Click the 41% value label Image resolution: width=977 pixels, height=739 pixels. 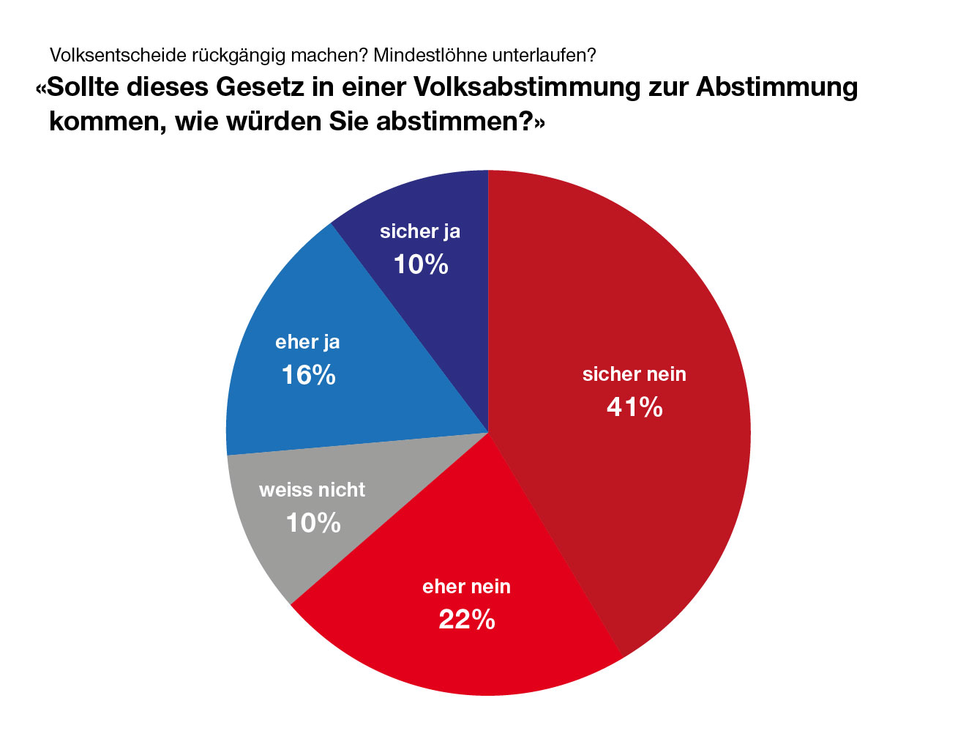635,407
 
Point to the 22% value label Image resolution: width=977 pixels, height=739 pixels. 467,620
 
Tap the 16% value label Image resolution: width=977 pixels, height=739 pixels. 308,376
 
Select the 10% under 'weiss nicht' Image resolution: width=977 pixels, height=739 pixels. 313,523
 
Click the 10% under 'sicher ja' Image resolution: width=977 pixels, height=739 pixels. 421,264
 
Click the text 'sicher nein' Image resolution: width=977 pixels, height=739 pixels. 635,374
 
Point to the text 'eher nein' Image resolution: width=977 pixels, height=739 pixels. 467,587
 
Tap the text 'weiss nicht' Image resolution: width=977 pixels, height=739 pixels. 312,490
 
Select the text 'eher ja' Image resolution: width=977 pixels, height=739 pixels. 307,342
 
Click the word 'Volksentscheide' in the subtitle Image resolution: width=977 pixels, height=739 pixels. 117,55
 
